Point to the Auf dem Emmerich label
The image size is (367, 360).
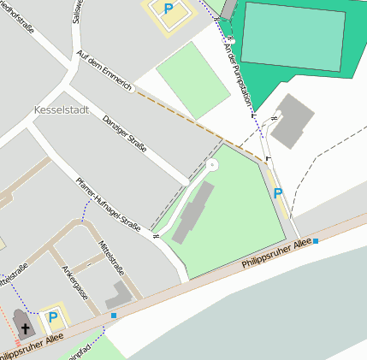104,72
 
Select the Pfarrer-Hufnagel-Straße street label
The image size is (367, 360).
108,201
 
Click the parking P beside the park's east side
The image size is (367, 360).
277,194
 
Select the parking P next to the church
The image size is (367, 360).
53,317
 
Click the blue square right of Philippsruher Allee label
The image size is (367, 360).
316,241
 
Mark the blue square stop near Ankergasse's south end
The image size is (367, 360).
114,316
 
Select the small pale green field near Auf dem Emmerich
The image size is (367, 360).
193,80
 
